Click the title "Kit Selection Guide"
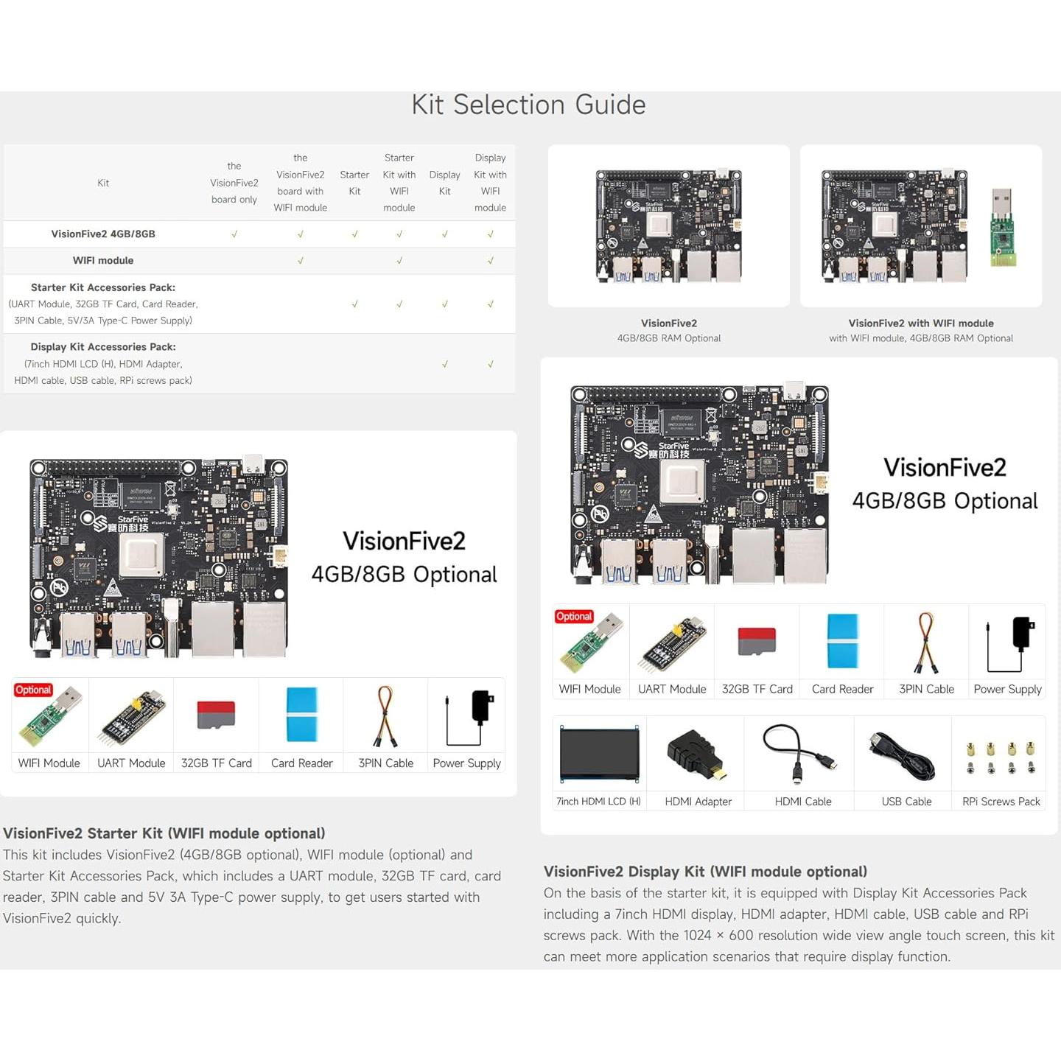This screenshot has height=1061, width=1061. (x=528, y=105)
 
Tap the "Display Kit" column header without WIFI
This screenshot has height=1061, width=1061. (x=444, y=183)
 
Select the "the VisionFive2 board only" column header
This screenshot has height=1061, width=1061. (x=234, y=183)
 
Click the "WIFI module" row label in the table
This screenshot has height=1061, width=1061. (x=103, y=260)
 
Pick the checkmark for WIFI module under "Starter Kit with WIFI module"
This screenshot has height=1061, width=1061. (x=399, y=260)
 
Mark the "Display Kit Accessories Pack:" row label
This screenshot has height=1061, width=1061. (x=103, y=346)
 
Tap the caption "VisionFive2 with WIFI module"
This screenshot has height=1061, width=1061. (x=920, y=323)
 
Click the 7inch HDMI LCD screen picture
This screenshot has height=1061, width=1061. (x=599, y=754)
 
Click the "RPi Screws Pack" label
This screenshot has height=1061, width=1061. (x=1001, y=802)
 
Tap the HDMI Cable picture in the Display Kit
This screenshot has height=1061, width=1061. (x=800, y=753)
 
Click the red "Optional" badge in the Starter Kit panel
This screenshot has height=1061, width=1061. (x=33, y=690)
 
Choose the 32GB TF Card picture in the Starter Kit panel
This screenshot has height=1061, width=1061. (x=216, y=715)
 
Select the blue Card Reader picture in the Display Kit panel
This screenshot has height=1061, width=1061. (x=842, y=640)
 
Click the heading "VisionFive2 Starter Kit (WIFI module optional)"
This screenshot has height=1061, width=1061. (x=164, y=833)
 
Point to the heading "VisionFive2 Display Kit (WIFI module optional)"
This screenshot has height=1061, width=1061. (x=705, y=872)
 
